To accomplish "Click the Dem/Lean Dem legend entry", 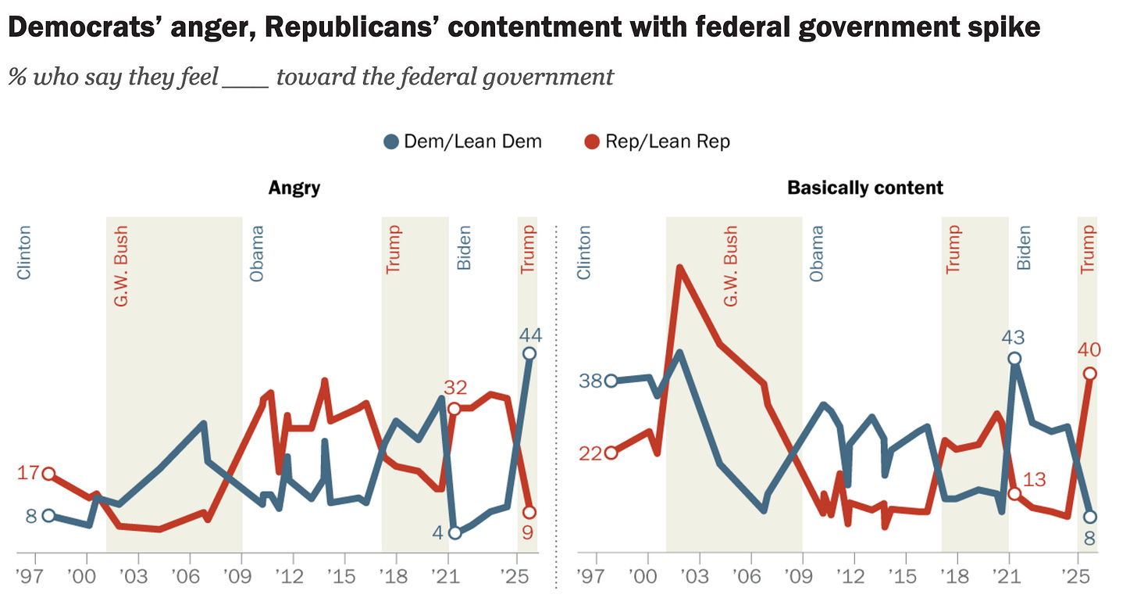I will [462, 141].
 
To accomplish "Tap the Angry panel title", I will [294, 188].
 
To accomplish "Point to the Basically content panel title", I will [865, 188].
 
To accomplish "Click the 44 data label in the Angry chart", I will [530, 335].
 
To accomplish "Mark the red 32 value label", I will [454, 387].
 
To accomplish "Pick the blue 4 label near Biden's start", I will [437, 533].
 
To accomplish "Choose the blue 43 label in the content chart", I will [1014, 338].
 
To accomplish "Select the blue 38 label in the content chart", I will [590, 381].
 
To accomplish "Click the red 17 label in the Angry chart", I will [29, 473].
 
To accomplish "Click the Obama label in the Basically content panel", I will [817, 253].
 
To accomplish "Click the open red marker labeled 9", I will [529, 512].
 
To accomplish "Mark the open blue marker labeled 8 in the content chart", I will [1090, 517].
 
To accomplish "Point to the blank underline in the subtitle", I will [245, 78].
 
